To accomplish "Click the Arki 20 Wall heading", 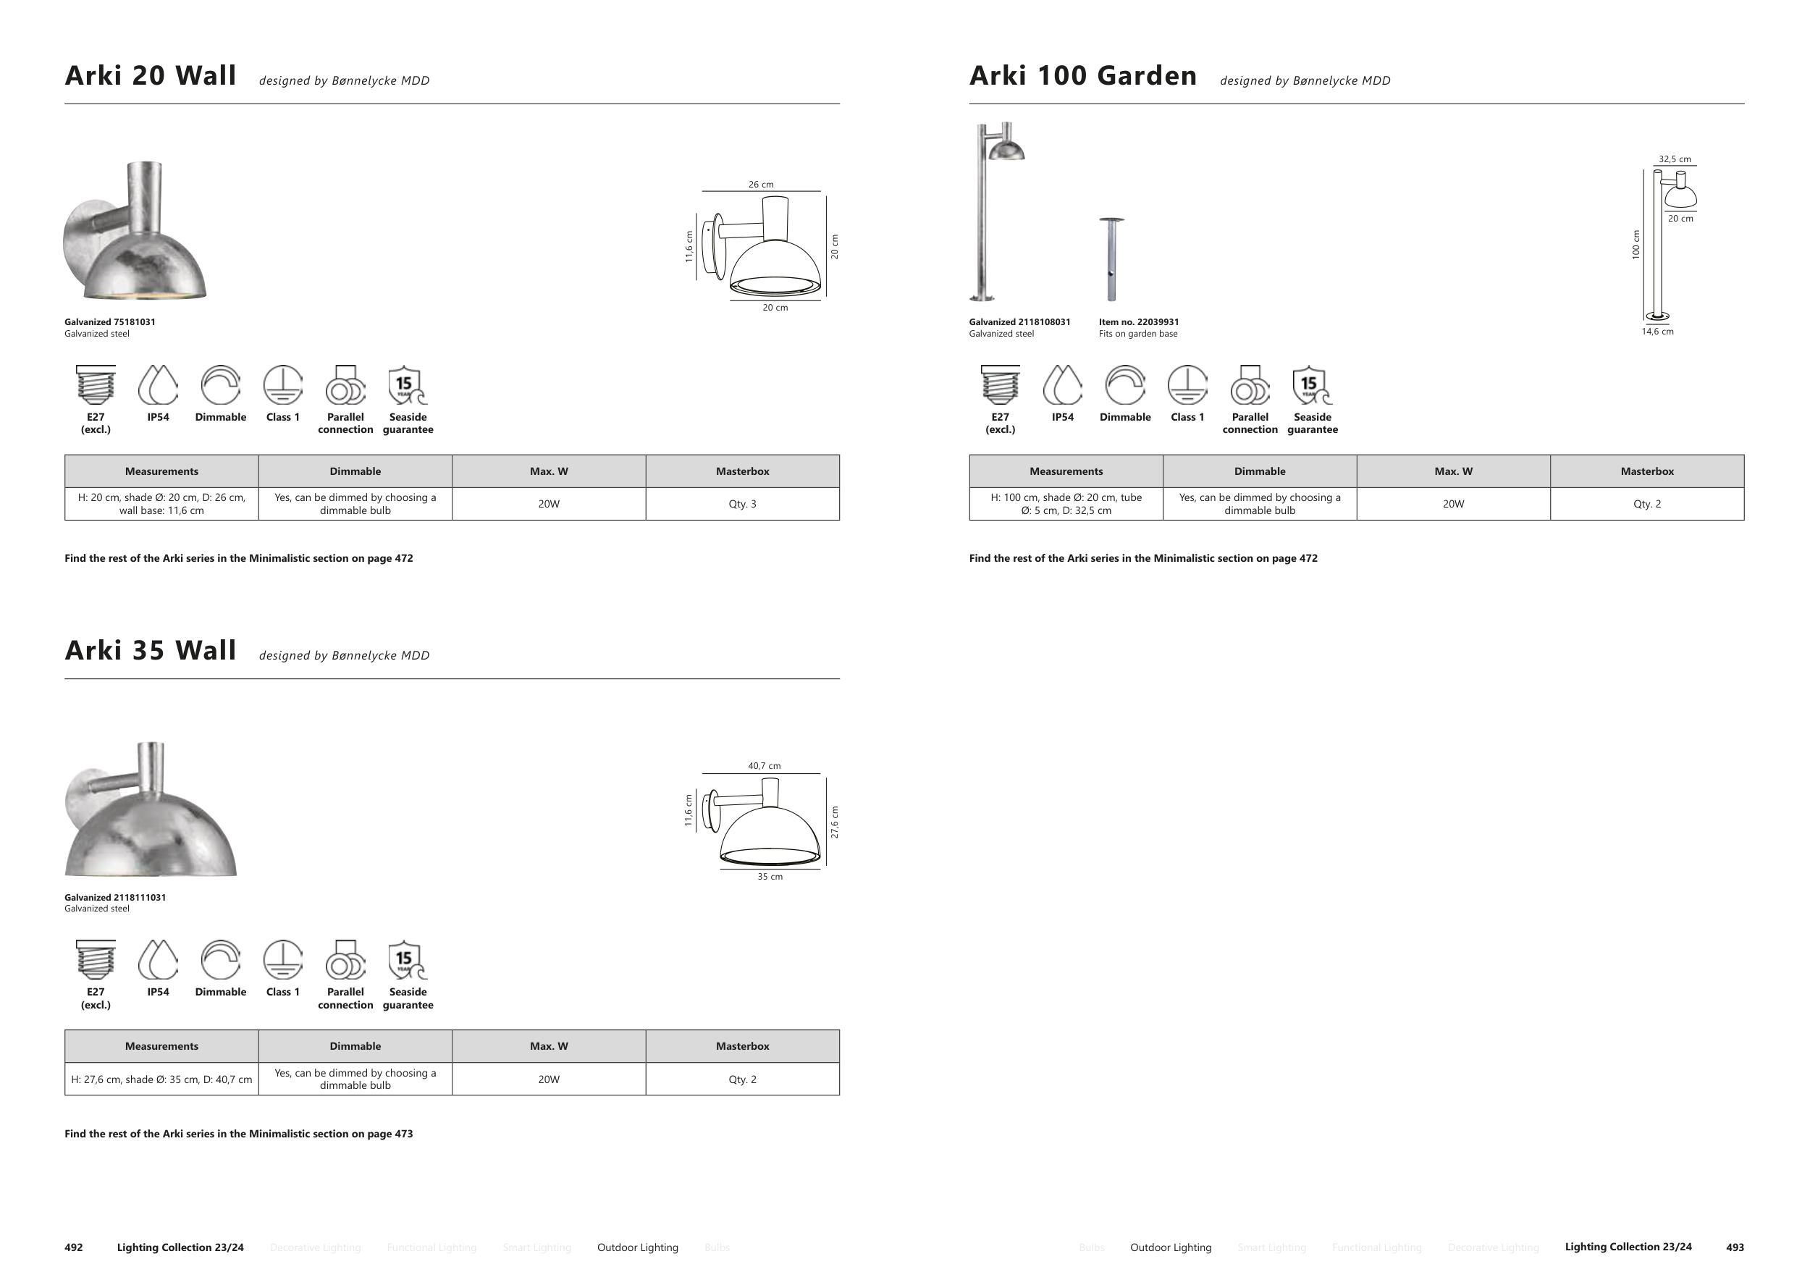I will click(151, 76).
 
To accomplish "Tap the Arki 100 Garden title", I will click(1082, 76).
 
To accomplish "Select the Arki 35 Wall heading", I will click(151, 651).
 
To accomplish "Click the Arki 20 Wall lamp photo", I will click(135, 232).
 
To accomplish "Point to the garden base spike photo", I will click(1111, 259).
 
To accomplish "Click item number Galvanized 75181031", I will click(109, 321).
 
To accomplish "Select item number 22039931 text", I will click(1138, 321).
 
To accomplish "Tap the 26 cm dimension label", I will click(761, 185).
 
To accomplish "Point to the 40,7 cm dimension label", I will click(764, 765).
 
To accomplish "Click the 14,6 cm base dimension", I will click(1657, 332).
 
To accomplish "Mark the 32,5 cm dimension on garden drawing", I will click(1675, 159).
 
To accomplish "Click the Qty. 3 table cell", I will click(742, 504).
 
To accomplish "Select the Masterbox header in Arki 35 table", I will click(742, 1046).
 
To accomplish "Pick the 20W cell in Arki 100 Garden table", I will click(1453, 504).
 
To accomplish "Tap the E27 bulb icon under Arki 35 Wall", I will click(96, 959).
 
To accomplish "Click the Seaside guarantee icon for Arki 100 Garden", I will click(1312, 384).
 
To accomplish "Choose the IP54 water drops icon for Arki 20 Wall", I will click(158, 384).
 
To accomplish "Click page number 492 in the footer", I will click(73, 1247).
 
